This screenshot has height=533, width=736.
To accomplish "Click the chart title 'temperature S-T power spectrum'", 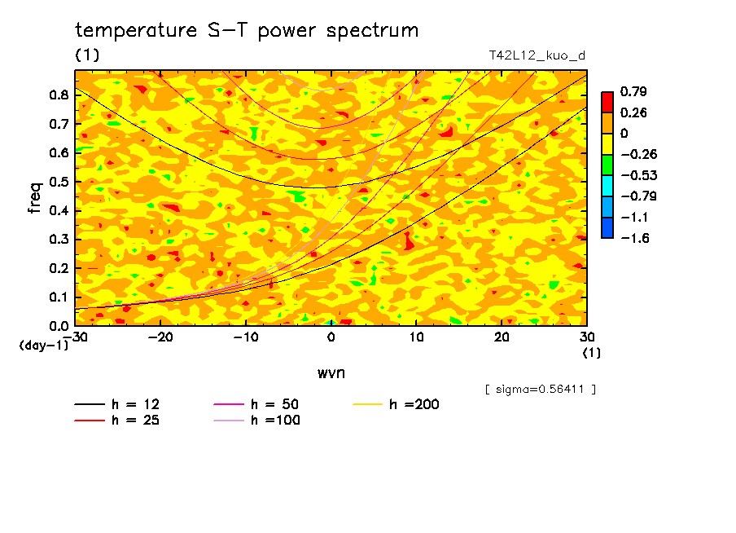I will click(247, 31).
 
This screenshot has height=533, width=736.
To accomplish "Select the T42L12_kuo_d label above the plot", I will click(537, 55).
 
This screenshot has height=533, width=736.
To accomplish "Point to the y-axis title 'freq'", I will click(34, 198).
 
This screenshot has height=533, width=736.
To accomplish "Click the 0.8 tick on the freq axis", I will click(58, 95).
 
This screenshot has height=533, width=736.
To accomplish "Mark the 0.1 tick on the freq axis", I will click(58, 297).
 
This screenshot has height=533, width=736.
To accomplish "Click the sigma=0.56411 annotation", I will click(541, 389).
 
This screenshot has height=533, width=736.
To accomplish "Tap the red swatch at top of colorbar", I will click(607, 101).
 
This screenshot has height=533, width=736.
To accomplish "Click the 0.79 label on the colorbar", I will click(634, 91).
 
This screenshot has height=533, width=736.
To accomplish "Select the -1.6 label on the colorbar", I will click(634, 237).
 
